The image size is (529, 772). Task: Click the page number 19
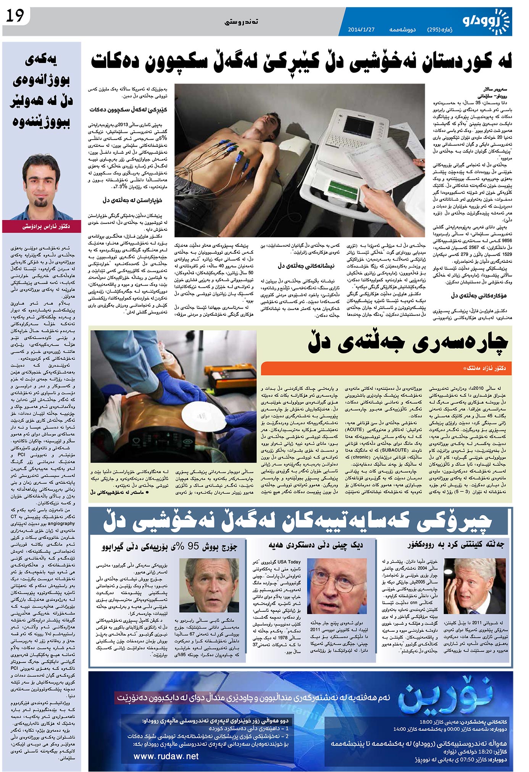15,16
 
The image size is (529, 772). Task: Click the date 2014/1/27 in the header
361,29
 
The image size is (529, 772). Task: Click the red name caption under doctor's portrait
42,226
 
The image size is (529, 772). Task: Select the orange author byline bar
385,368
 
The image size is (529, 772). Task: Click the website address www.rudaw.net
166,756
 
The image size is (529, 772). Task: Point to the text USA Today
289,562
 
